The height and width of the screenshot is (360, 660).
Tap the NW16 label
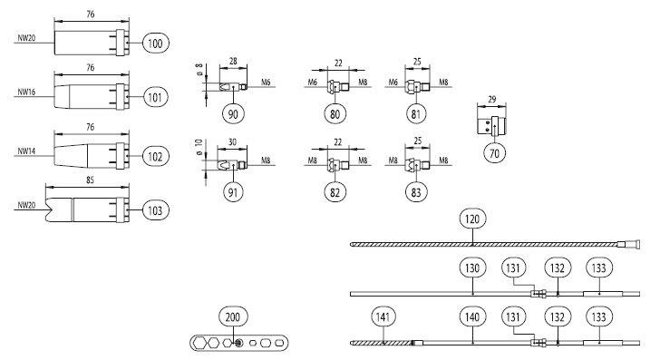26,92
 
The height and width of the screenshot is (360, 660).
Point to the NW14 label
26,151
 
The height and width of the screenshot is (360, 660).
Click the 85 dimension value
90,180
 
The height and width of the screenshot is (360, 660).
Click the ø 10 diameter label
199,147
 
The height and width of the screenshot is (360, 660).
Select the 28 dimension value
233,62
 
